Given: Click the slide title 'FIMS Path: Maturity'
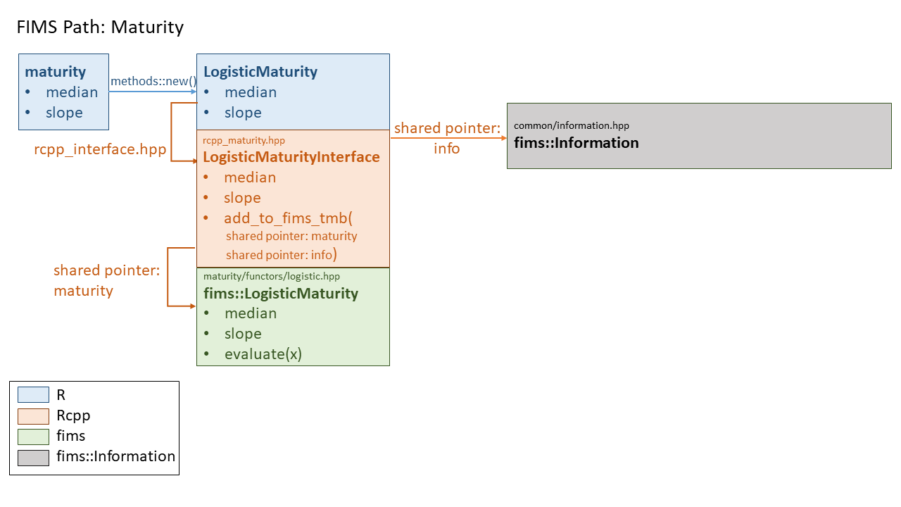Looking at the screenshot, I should click(99, 27).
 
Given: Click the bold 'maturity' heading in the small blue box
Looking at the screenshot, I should click(56, 72).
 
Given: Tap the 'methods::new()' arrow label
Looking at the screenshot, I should click(153, 81).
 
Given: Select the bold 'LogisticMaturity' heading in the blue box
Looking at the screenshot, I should click(260, 72).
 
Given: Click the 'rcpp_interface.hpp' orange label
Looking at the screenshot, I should click(100, 149).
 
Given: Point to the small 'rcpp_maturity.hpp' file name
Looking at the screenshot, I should click(244, 140).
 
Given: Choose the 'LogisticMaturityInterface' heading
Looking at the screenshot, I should click(291, 157).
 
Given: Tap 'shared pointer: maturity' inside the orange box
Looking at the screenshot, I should click(291, 237).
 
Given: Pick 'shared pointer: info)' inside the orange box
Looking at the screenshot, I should click(282, 255).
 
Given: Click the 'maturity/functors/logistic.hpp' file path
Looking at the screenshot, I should click(272, 277).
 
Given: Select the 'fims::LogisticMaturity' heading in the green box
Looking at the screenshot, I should click(281, 294).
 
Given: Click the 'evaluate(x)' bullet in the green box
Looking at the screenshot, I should click(263, 354).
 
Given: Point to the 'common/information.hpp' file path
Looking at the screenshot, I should click(572, 125).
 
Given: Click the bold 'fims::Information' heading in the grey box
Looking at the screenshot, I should click(576, 143).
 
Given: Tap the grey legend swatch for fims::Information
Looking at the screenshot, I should click(33, 457).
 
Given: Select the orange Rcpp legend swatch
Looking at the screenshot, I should click(33, 416).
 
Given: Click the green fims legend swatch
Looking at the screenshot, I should click(33, 437).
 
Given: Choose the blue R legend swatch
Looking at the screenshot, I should click(33, 396).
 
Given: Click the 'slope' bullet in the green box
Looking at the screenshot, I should click(243, 334).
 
